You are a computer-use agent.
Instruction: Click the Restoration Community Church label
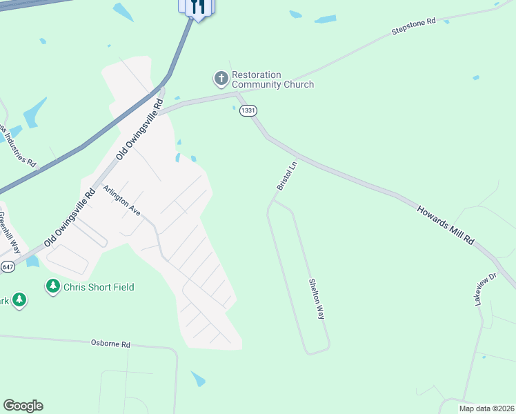(x=272, y=79)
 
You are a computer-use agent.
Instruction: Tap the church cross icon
(x=221, y=79)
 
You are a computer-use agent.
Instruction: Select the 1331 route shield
(x=249, y=110)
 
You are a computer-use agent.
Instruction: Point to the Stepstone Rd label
(x=414, y=27)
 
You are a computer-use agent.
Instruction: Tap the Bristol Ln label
(x=286, y=176)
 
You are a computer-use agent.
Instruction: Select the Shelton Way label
(x=317, y=298)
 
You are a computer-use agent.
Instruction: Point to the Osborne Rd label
(x=110, y=343)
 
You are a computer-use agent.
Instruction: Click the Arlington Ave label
(x=121, y=201)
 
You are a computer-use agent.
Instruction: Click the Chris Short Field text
(x=99, y=287)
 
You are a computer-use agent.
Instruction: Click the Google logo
(x=23, y=406)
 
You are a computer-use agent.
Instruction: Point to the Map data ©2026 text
(x=486, y=408)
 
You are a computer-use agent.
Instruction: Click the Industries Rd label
(x=19, y=146)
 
